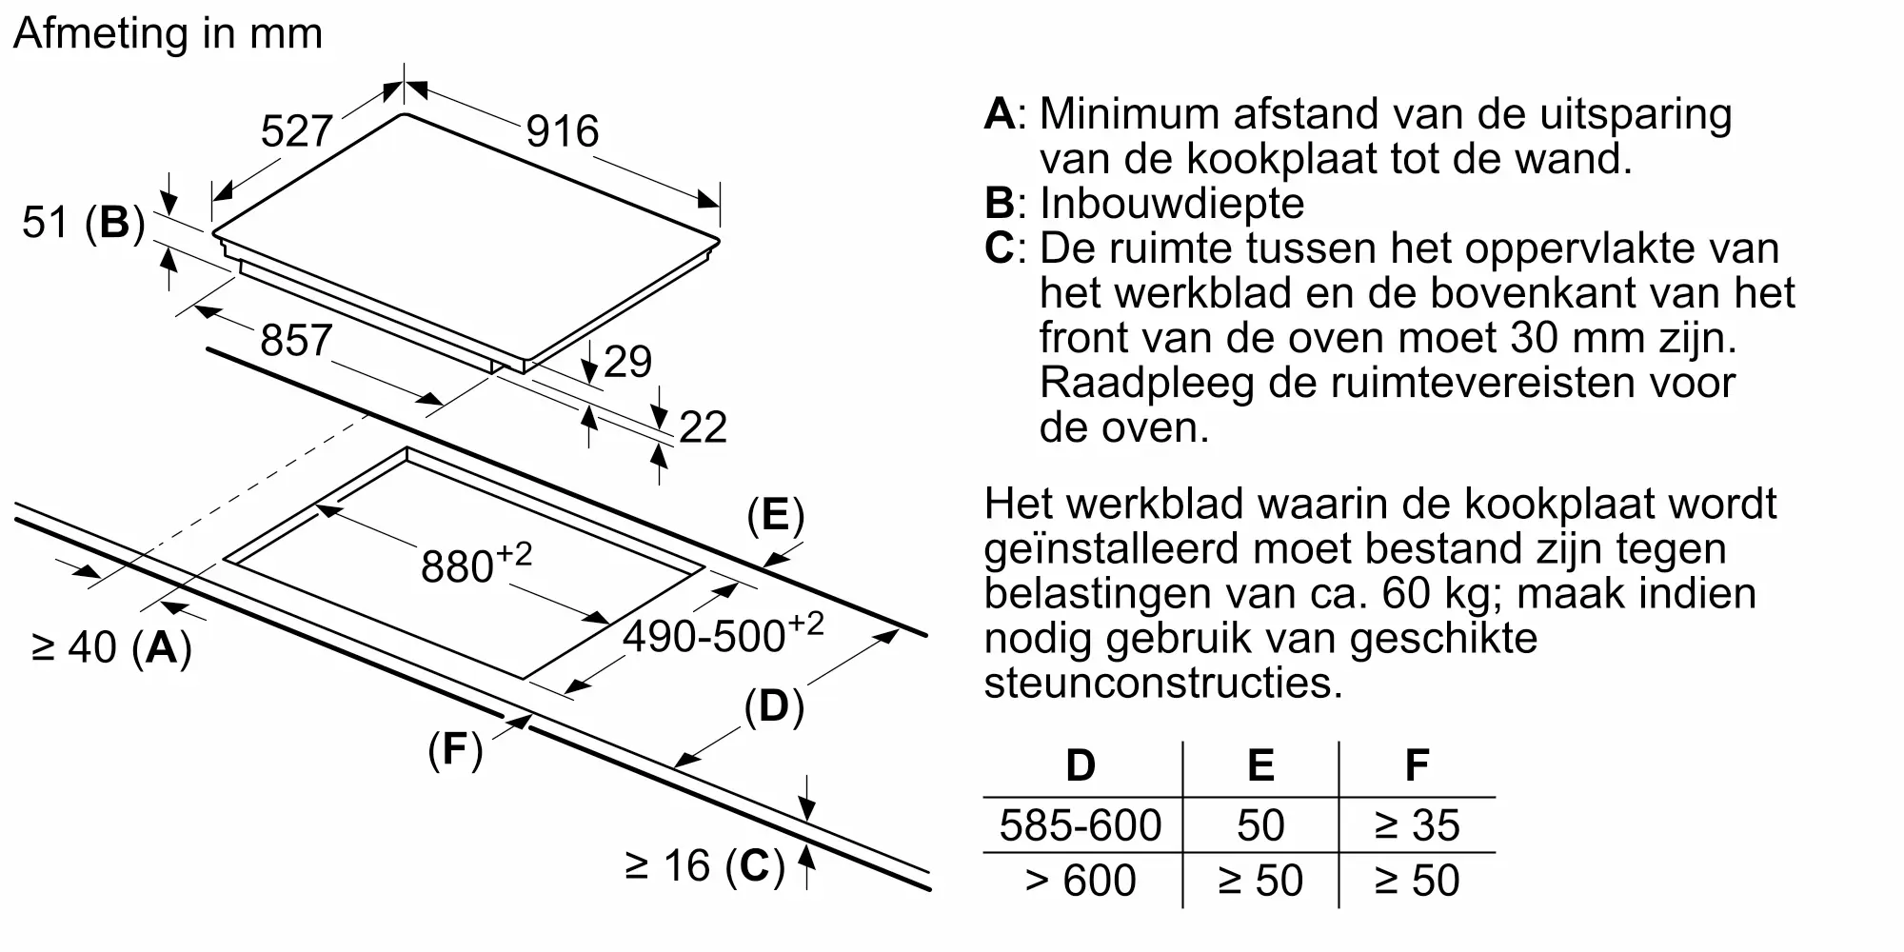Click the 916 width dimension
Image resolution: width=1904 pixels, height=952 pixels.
coord(562,131)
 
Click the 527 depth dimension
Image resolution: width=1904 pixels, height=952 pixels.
coord(296,131)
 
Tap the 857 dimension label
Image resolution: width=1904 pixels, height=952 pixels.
coord(296,340)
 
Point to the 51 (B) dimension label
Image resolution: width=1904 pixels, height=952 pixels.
coord(84,223)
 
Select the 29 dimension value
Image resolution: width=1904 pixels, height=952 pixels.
coord(627,362)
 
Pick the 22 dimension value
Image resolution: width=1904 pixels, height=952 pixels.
coord(703,427)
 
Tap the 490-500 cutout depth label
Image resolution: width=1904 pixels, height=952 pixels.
coord(723,633)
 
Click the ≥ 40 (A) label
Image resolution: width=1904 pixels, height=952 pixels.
coord(112,647)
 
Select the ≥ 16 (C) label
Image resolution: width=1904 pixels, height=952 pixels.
coord(704,866)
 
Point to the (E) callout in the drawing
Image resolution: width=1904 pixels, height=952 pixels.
coord(775,515)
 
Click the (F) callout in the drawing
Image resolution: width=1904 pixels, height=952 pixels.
coord(455,749)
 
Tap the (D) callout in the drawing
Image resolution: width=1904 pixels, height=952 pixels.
coord(774,707)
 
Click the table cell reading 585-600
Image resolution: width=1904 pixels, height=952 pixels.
coord(1081,824)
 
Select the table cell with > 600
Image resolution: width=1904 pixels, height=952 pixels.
coord(1081,880)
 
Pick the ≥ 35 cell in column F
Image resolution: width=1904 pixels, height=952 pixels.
coord(1417,824)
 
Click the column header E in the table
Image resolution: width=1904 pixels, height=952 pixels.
coord(1260,765)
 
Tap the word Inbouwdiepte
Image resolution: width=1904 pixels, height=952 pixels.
coord(1172,203)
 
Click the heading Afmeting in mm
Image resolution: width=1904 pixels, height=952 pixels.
coord(169,33)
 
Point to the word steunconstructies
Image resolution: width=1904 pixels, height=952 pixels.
coord(1162,683)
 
